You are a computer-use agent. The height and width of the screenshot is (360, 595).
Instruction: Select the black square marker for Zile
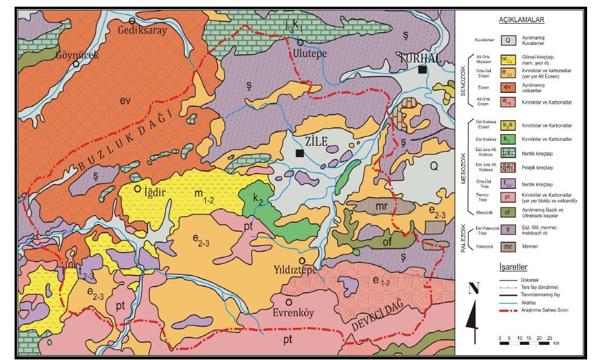(299, 154)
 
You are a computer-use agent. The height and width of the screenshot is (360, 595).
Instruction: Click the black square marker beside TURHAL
(422, 70)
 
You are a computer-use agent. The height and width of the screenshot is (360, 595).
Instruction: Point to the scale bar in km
(525, 344)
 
